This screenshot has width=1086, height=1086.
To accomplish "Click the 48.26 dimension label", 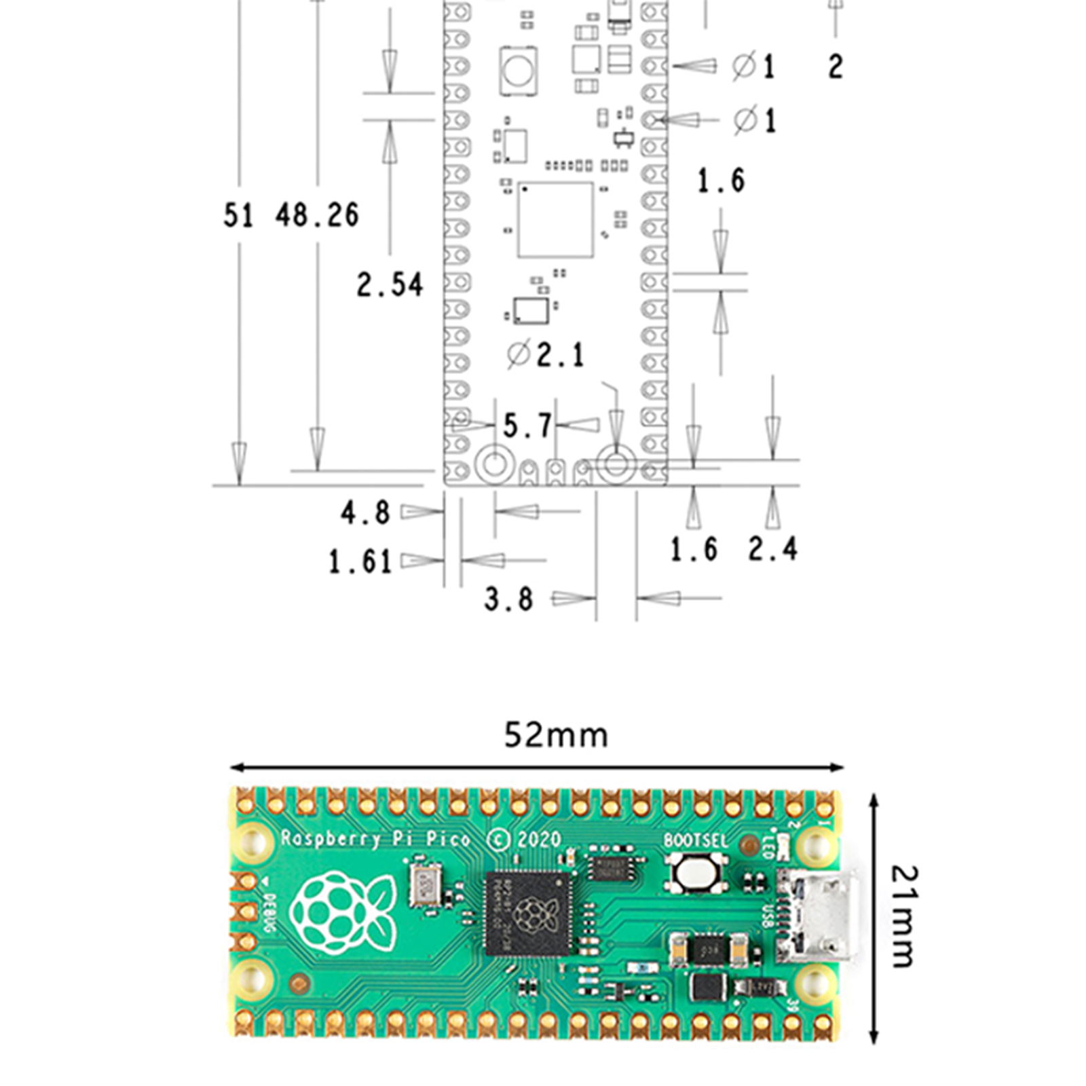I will tap(317, 215).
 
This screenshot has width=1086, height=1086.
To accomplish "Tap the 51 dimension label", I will tap(238, 215).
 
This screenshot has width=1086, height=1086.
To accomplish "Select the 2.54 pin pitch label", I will tap(390, 284).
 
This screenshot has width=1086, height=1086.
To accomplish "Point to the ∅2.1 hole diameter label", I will tap(546, 354).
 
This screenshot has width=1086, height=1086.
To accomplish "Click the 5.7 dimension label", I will tap(527, 426).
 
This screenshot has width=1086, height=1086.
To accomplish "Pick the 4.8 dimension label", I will tap(365, 512).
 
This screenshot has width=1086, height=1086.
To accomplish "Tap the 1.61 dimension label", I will tap(360, 562).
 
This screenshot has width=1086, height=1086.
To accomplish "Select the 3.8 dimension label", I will tap(508, 599).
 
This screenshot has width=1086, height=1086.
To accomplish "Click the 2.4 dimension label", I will tap(773, 548).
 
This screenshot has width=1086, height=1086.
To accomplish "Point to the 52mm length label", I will tap(556, 735).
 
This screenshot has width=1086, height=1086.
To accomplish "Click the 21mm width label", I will tap(903, 916).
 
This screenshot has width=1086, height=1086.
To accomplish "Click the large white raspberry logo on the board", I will tap(343, 913).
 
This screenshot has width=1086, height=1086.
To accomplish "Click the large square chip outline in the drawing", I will tap(555, 219).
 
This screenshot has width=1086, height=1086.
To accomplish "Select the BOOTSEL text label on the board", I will tap(695, 841).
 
